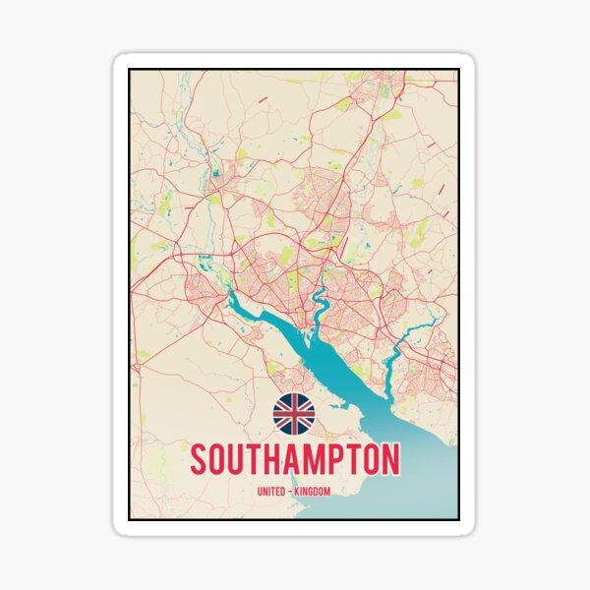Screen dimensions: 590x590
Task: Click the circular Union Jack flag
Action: (x=294, y=414)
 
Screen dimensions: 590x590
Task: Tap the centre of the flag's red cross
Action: (x=294, y=414)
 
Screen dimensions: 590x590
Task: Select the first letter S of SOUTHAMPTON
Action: (x=199, y=461)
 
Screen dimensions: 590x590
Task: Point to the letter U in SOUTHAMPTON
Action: (x=238, y=461)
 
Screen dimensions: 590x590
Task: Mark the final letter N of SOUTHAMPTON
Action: (x=390, y=461)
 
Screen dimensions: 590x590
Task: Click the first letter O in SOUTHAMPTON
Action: (x=218, y=461)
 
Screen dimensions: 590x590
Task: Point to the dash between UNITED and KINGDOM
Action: (x=291, y=491)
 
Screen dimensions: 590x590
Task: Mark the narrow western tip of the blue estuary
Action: (x=233, y=294)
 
